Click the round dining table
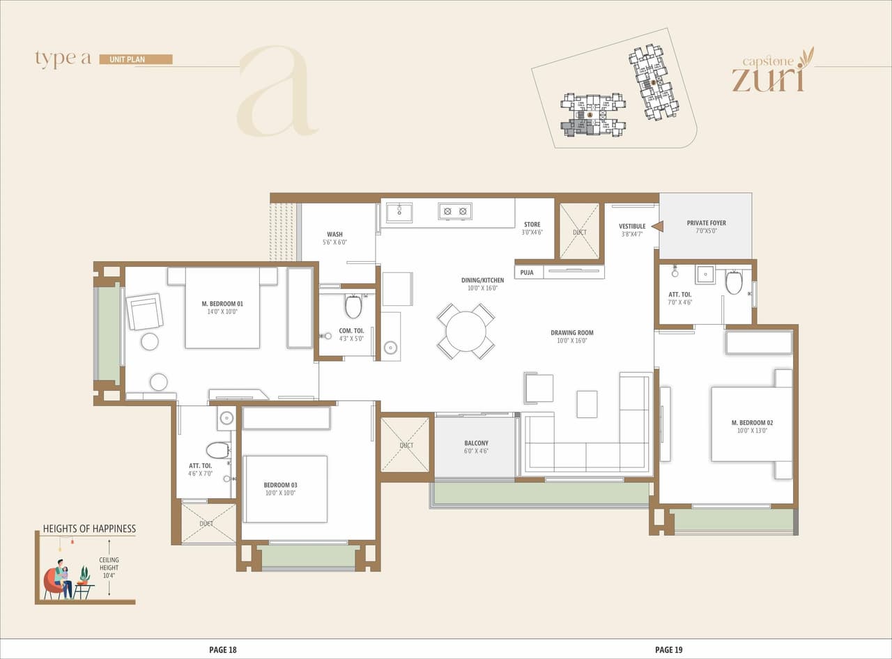466,332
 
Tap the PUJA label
527,272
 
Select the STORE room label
532,224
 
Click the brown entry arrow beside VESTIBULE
656,226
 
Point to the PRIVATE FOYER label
706,223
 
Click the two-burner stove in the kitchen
455,211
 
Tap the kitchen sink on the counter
399,212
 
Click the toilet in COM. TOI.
353,306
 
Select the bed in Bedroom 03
286,488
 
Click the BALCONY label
476,443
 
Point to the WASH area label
334,235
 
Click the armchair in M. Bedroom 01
145,311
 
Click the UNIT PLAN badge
136,59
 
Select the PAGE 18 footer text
223,650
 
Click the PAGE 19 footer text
668,650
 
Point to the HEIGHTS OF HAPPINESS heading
89,529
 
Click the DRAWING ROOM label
571,333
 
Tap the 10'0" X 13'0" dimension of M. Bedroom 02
752,431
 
